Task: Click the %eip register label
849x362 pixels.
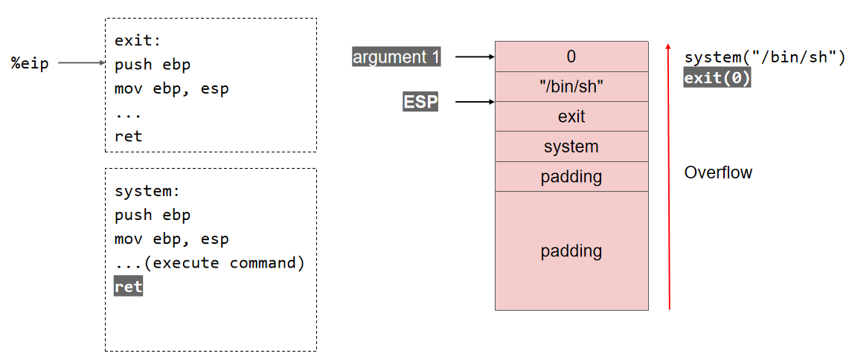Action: click(30, 64)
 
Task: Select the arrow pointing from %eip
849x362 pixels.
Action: click(81, 64)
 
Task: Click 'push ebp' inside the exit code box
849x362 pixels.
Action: click(153, 65)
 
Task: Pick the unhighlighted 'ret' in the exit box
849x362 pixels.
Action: click(128, 136)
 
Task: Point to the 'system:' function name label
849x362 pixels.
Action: click(147, 191)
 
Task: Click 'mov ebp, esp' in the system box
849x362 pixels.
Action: click(172, 239)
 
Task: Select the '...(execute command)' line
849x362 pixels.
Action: click(210, 263)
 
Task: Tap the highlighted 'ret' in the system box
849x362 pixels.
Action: click(128, 287)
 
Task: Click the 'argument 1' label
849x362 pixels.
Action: click(397, 56)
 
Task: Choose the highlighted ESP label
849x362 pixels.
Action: click(420, 102)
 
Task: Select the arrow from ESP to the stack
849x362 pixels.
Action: click(475, 102)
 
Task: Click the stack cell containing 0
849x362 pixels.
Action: click(571, 56)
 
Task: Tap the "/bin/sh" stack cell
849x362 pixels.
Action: click(571, 87)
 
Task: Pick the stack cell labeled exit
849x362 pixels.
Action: click(571, 117)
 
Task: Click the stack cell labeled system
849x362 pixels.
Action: click(571, 147)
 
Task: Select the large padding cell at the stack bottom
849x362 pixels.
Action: click(571, 251)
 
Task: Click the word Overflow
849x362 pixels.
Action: click(718, 172)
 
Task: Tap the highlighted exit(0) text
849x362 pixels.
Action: click(717, 77)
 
